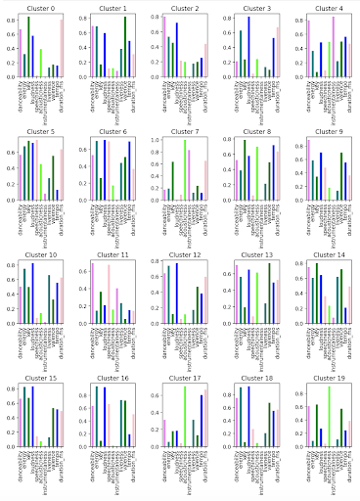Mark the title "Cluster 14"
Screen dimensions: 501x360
pyautogui.click(x=321, y=257)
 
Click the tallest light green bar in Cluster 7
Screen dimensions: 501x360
pyautogui.click(x=185, y=170)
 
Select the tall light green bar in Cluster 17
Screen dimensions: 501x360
pyautogui.click(x=185, y=417)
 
